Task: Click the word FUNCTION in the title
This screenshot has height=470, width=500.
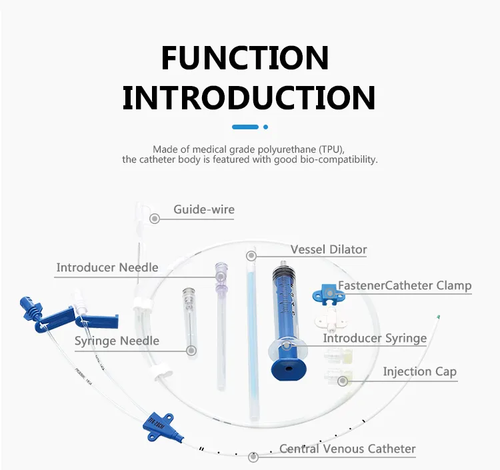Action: point(245,58)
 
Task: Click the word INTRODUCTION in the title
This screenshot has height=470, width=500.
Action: point(249,97)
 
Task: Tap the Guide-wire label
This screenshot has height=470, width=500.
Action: point(204,209)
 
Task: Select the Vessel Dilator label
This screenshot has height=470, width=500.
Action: point(329,250)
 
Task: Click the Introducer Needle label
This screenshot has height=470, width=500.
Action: point(107,267)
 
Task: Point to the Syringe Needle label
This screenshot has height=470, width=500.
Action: point(117,341)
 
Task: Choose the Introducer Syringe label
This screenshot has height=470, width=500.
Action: point(375,338)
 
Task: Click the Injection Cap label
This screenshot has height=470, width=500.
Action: point(419,371)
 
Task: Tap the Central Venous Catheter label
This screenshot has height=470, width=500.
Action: point(347,449)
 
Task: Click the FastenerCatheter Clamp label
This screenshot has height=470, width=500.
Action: point(405,285)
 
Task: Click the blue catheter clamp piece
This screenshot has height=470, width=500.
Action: point(325,292)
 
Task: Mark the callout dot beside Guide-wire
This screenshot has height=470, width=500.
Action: point(155,218)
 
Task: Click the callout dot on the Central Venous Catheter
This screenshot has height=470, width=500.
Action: point(253,457)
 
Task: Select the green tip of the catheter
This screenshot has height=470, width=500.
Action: point(438,317)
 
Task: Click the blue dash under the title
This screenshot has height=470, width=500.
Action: point(245,127)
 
